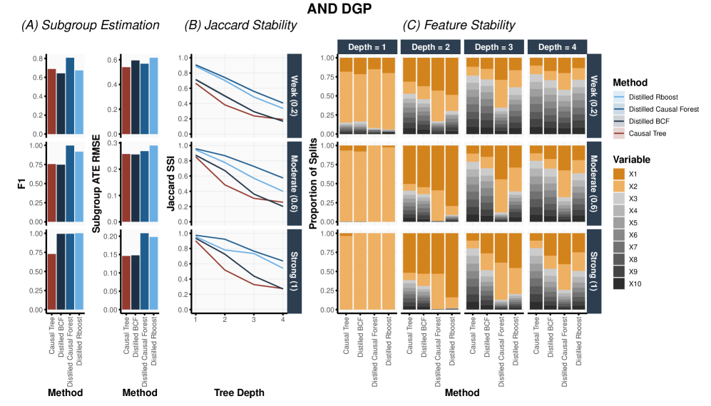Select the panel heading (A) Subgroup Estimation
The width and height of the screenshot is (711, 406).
pos(91,26)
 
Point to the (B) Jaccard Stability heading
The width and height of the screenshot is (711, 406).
pos(240,26)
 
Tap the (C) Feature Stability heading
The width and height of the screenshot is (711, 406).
pos(459,26)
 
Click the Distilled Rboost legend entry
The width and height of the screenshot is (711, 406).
pos(653,95)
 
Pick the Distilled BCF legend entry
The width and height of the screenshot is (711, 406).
pos(648,122)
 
